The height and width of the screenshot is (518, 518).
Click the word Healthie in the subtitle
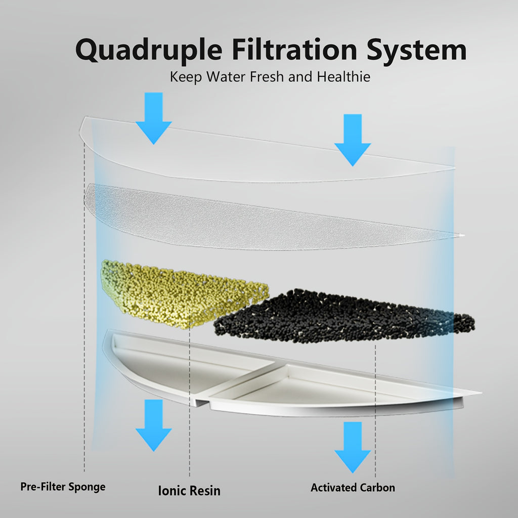click(x=344, y=77)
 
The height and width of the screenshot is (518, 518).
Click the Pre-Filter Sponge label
click(x=63, y=487)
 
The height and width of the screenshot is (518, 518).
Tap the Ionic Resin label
click(x=189, y=490)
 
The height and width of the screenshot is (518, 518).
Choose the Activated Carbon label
click(x=353, y=488)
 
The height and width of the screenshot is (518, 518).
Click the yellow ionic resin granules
click(x=182, y=293)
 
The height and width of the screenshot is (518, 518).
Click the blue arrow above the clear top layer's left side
click(x=153, y=117)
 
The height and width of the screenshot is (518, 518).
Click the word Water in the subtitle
click(x=251, y=77)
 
